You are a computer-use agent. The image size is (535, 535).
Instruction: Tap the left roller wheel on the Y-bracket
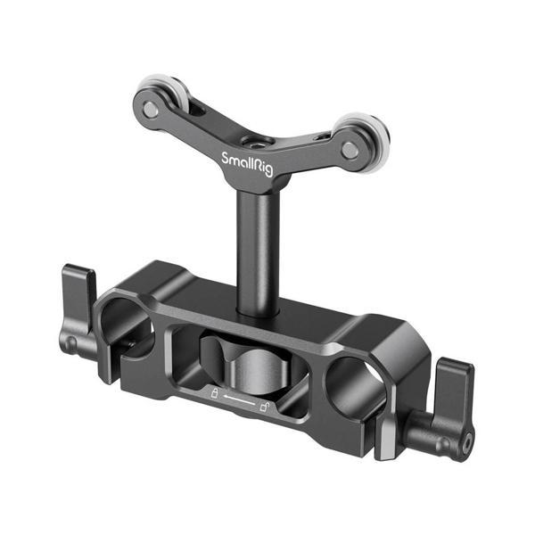[157, 96]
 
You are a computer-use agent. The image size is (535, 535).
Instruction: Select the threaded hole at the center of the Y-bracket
[257, 141]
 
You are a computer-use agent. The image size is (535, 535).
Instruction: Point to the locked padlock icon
[214, 392]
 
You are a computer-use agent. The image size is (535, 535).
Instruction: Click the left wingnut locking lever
[78, 294]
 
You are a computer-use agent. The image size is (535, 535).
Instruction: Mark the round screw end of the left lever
[70, 342]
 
